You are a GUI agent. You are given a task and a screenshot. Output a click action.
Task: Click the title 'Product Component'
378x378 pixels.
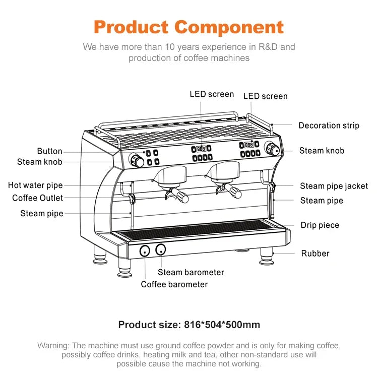[189, 27]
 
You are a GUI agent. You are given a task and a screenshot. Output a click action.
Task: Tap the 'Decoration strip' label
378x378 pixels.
[329, 125]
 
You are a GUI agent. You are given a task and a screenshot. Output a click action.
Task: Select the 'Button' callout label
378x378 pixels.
[50, 151]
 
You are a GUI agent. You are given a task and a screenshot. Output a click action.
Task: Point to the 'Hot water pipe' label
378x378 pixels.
[35, 185]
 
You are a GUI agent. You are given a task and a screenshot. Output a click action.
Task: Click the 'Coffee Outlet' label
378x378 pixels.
[38, 198]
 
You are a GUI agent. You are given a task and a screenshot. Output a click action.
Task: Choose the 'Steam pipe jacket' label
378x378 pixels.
[334, 186]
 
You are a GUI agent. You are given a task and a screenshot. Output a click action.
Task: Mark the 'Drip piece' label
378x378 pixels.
[320, 225]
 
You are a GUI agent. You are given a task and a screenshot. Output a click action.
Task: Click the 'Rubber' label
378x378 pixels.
[315, 254]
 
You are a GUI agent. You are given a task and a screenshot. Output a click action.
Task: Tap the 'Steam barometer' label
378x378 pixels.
[191, 272]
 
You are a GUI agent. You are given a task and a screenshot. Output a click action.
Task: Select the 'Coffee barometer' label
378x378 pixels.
[174, 284]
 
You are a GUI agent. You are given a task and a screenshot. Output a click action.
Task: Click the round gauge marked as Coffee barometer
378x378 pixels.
[145, 250]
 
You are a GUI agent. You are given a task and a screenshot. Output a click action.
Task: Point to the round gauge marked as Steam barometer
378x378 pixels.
[161, 249]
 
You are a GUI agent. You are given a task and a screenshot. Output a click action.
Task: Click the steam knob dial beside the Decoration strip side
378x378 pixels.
[273, 149]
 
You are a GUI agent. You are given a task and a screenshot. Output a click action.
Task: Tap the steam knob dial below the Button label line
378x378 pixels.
[137, 160]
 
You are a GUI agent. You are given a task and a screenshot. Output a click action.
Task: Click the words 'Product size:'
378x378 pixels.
[147, 325]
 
